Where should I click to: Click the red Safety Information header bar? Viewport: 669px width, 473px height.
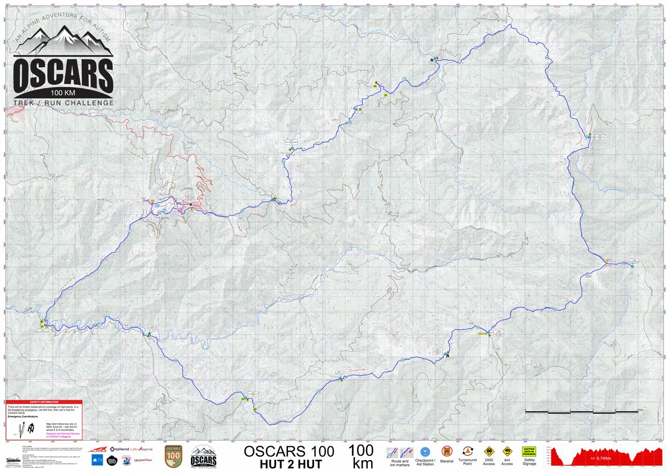click(x=44, y=402)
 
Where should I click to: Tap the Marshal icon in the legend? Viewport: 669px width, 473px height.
click(x=446, y=451)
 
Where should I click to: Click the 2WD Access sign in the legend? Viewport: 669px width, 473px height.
click(x=489, y=451)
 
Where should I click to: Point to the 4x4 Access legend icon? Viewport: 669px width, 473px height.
click(x=507, y=451)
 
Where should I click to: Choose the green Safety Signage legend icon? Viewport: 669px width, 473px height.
click(x=528, y=451)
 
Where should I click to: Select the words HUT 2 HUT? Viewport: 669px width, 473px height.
click(x=289, y=463)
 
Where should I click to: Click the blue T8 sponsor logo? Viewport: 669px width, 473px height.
click(x=96, y=460)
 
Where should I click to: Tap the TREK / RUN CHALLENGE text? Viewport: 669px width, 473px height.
click(x=63, y=103)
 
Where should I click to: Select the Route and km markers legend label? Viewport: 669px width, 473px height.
click(x=400, y=462)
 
